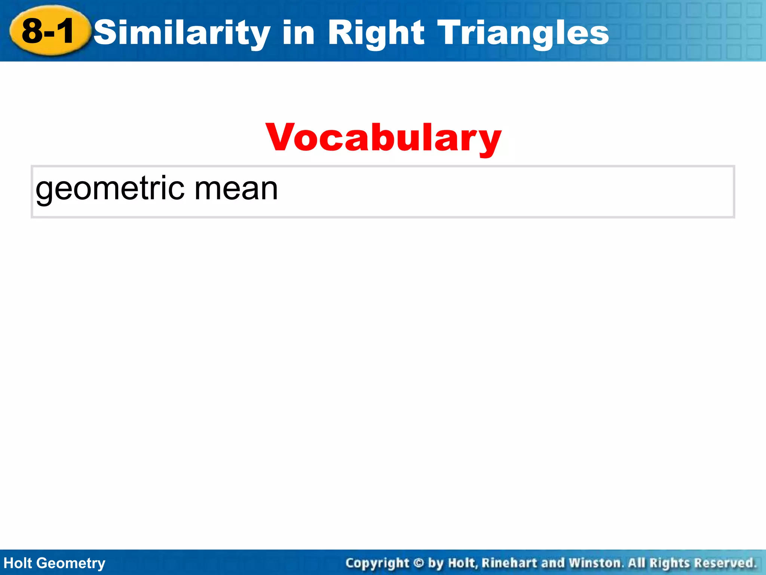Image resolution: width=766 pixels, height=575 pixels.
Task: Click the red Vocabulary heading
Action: click(x=383, y=138)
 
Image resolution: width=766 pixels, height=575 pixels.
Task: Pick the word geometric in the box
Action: click(x=110, y=189)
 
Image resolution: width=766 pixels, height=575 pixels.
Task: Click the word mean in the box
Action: click(x=236, y=189)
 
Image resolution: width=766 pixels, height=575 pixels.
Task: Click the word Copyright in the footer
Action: click(x=377, y=563)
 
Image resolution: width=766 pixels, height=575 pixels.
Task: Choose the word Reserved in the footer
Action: click(x=725, y=563)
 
